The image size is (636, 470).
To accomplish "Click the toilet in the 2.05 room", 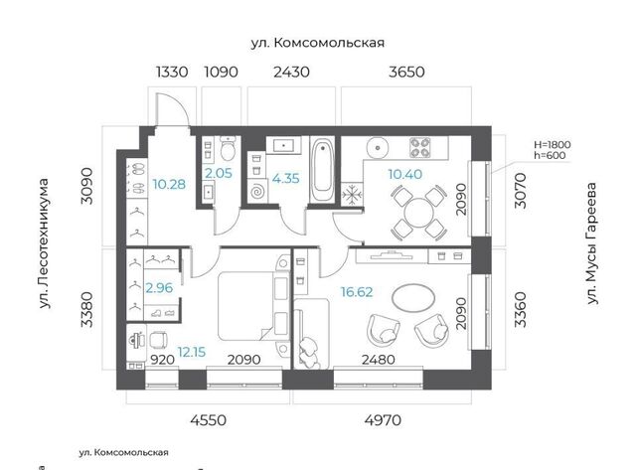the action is (x=228, y=148).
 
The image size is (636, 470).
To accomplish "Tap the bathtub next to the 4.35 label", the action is (x=322, y=170).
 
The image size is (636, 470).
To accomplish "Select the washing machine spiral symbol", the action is (x=257, y=192).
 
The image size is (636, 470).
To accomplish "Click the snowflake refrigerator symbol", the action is (x=351, y=195).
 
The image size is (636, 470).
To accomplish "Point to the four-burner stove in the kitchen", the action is (x=419, y=148).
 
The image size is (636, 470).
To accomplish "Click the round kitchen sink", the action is (x=378, y=148).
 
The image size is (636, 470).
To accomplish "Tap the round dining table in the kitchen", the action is (x=419, y=212).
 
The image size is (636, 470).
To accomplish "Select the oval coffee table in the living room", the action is (x=413, y=298).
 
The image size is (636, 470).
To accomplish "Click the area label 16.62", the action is (x=357, y=292).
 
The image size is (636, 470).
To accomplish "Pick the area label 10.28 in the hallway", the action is (x=169, y=185).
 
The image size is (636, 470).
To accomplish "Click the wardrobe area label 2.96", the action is (x=159, y=288).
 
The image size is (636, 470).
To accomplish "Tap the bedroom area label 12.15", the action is (x=192, y=352).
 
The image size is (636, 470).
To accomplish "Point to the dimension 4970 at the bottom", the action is (x=383, y=420).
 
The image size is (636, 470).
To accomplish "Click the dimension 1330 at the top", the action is (x=172, y=72).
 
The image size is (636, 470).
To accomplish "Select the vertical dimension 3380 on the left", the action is (x=87, y=309).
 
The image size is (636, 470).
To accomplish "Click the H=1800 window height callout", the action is (x=553, y=144).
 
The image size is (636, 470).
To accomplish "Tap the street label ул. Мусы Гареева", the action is (x=592, y=243).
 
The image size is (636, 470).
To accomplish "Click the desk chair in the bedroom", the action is (x=159, y=340).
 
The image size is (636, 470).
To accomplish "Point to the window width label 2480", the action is (x=378, y=360).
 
